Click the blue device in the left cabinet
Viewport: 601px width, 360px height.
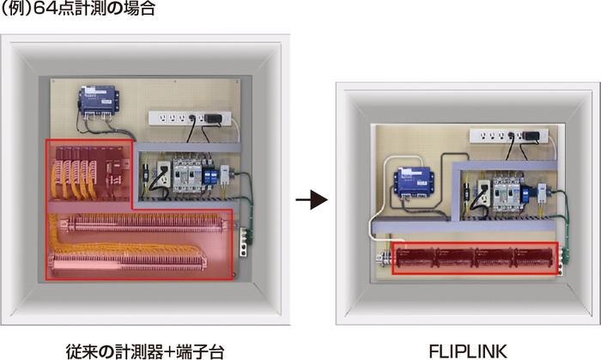(100, 101)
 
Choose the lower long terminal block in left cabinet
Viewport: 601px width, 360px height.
(129, 257)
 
